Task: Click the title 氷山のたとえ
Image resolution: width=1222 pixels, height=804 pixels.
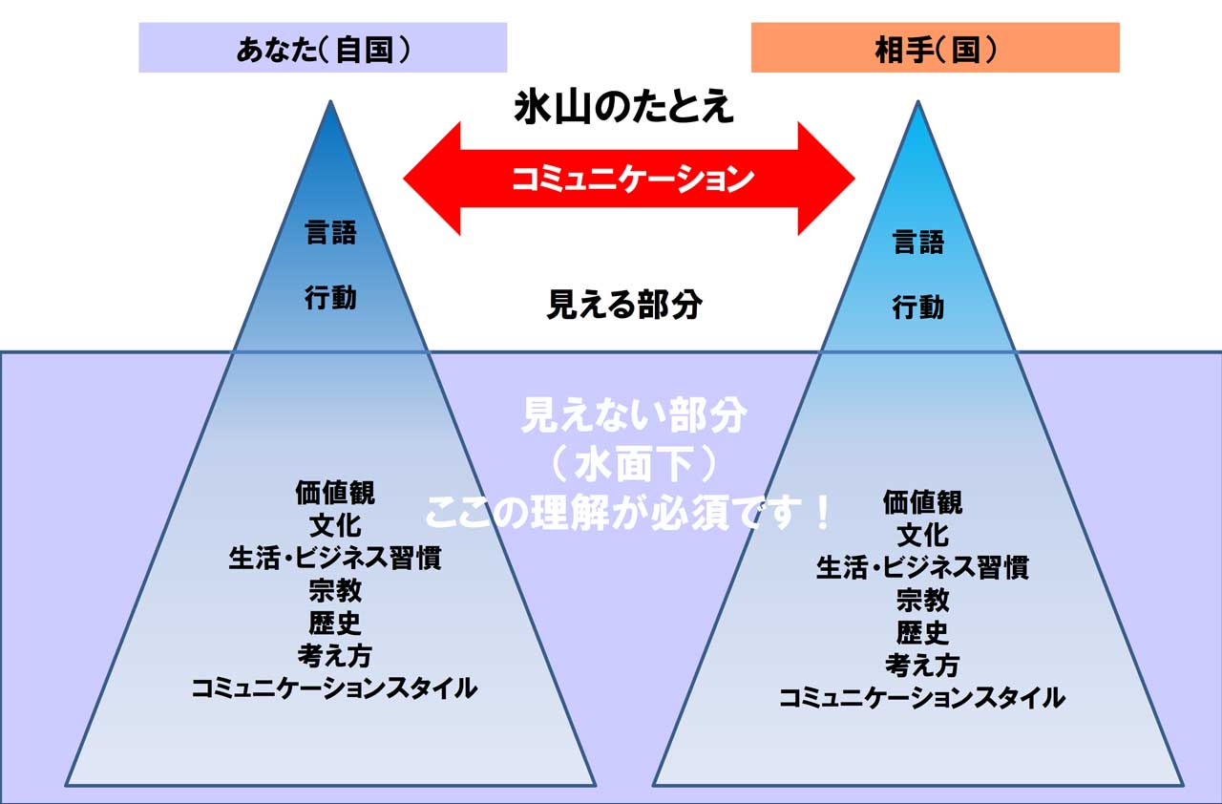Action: coord(623,108)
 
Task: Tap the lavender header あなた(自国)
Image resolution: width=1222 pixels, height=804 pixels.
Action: coord(323,48)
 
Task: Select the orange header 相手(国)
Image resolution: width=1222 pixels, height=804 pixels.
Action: coord(936,48)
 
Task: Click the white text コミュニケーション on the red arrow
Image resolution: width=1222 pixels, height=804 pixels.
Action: coord(633,179)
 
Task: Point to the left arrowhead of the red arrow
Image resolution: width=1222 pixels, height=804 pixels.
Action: coord(404,179)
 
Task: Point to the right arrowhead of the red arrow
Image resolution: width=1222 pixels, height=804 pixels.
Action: coord(853,179)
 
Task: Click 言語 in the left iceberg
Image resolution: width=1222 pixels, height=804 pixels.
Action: coord(330,232)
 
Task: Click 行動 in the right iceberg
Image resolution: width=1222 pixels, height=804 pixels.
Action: coord(918,307)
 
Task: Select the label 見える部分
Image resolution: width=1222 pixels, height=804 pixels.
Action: coord(624,305)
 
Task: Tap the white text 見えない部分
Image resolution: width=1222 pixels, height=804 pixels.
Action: coord(634,415)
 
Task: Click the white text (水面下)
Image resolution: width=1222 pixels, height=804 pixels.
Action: coord(634,465)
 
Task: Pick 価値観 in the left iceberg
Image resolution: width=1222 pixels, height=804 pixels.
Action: coord(335,493)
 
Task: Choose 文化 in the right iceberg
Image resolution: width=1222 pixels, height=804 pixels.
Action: coord(923,535)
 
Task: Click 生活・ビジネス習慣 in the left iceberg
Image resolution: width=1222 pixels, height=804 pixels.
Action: coord(335,558)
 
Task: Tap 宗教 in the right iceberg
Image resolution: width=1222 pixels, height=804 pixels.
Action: coord(923,600)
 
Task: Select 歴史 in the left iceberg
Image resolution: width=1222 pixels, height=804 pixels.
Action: coord(335,623)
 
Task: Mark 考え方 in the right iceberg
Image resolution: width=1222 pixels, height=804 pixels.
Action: coord(923,665)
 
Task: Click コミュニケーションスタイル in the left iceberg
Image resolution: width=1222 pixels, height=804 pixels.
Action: coord(334,688)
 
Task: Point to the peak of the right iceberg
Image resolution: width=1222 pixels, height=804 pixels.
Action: coord(918,101)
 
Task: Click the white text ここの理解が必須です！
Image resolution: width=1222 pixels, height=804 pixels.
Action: coord(628,514)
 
